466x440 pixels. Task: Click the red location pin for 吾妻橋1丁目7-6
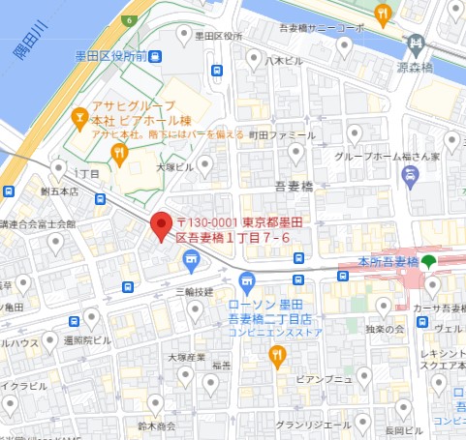pyautogui.click(x=161, y=225)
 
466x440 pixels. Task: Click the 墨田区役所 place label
pyautogui.click(x=218, y=36)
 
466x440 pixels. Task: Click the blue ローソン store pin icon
pyautogui.click(x=247, y=283)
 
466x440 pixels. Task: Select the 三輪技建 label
pyautogui.click(x=193, y=290)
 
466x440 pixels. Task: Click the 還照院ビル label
pyautogui.click(x=89, y=340)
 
